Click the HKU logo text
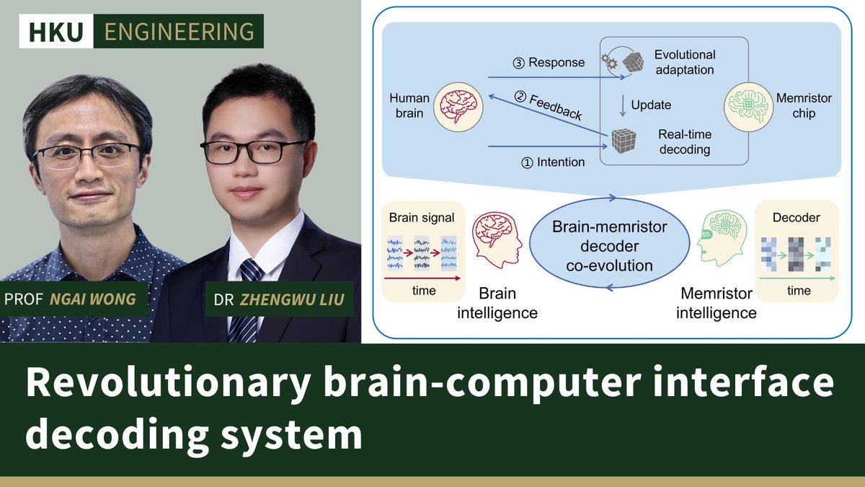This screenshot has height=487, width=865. [61, 31]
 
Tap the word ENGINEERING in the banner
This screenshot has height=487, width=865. [179, 31]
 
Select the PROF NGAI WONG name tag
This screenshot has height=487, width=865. [75, 299]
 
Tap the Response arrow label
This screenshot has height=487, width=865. [551, 62]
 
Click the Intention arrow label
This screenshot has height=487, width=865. [552, 162]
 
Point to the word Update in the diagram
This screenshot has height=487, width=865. [650, 105]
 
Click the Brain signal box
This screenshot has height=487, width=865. [423, 252]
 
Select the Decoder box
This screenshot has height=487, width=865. [796, 252]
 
